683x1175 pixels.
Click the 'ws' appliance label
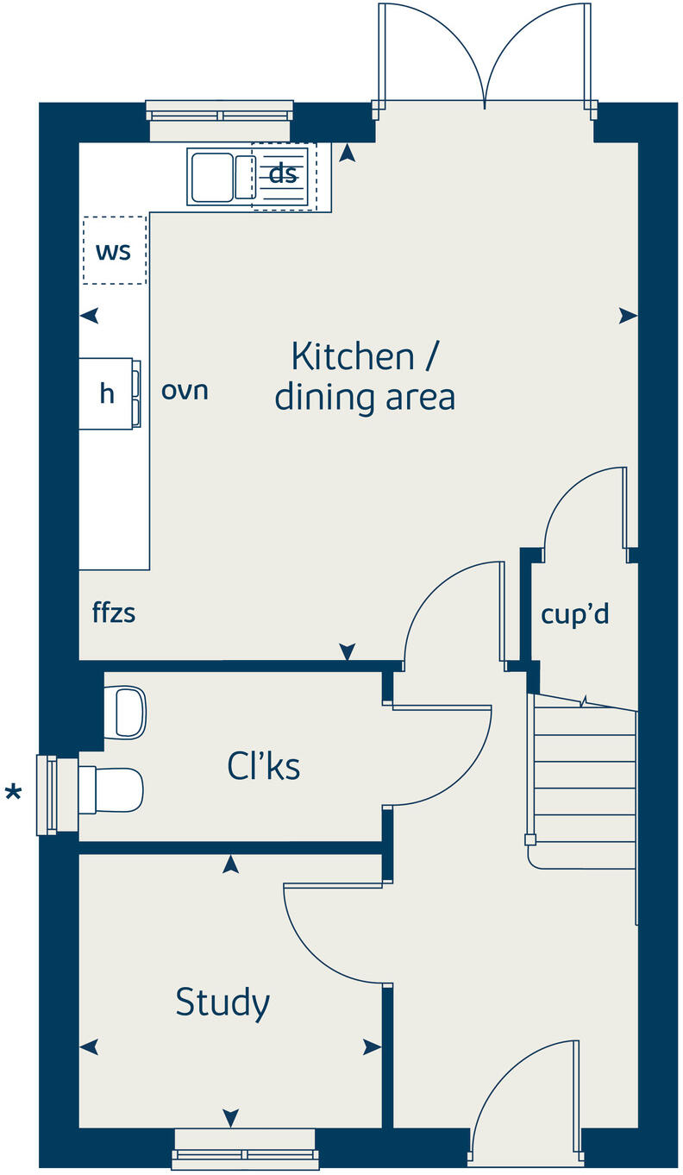113,251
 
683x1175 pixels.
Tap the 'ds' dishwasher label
283,173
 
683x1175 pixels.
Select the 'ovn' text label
185,391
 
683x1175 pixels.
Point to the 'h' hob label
107,394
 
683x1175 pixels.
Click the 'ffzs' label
114,613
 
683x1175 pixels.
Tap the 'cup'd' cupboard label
575,614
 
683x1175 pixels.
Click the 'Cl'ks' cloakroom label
264,764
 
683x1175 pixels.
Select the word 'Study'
222,1002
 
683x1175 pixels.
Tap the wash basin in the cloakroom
124,713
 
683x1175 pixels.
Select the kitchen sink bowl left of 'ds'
212,178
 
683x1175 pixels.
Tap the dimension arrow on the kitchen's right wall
628,317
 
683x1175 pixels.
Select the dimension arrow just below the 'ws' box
89,317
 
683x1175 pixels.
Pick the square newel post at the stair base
530,839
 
